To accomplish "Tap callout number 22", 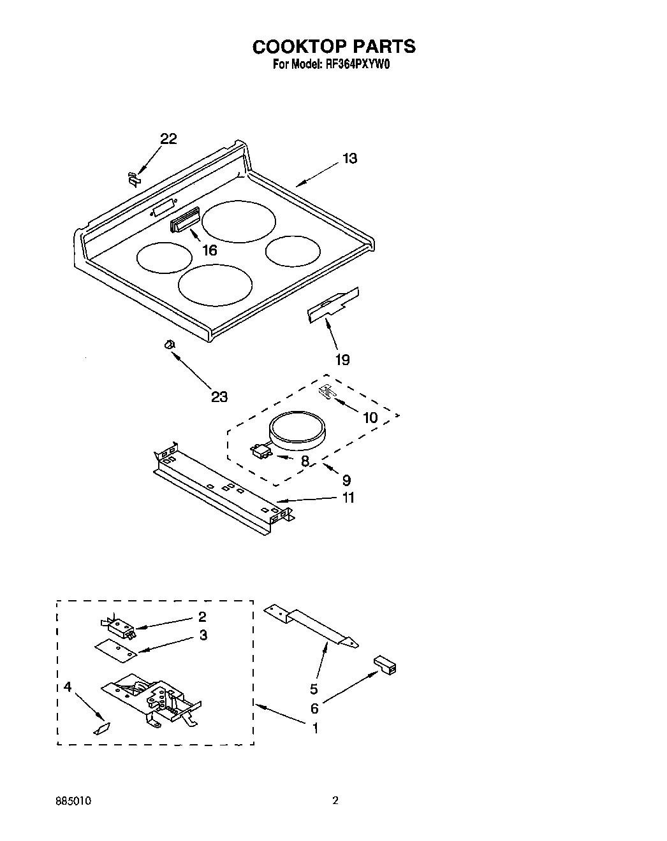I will coord(168,139).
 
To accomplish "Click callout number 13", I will coord(349,159).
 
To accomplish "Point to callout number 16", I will coord(209,250).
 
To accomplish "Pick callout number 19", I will coord(342,360).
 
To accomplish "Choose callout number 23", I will coord(219,397).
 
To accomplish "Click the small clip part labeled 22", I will coord(133,178).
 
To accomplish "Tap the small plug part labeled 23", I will coord(169,345).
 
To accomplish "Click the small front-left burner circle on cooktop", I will coord(164,257).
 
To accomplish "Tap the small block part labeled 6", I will coord(385,665).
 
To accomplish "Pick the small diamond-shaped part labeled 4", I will coord(102,728).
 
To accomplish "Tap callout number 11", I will coord(348,498).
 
